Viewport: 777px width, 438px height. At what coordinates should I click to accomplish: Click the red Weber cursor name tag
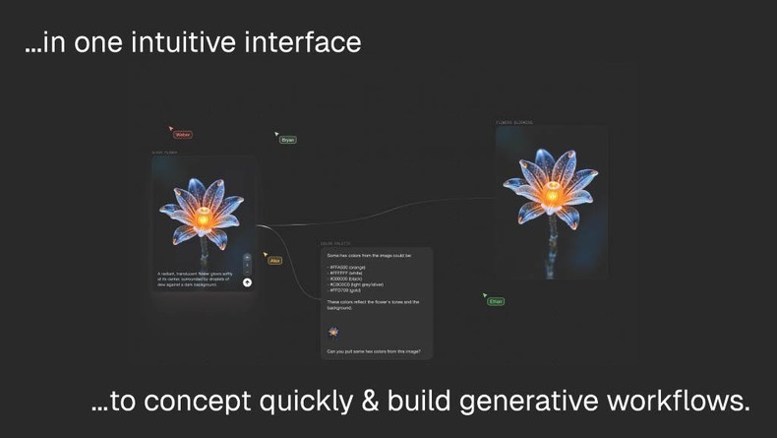pos(182,135)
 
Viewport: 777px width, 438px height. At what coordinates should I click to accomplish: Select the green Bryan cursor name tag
pos(288,140)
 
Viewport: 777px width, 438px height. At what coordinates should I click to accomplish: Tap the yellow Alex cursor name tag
pos(275,261)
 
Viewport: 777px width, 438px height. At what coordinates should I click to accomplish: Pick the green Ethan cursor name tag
pos(496,301)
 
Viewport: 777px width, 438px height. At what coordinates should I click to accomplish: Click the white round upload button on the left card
pos(247,282)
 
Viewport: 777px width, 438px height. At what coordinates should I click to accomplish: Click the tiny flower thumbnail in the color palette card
pos(333,332)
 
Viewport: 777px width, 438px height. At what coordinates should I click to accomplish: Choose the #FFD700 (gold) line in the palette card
pos(345,289)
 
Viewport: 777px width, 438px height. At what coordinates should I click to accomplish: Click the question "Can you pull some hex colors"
pos(380,351)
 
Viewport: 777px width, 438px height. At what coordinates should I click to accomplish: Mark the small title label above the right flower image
pos(514,123)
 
